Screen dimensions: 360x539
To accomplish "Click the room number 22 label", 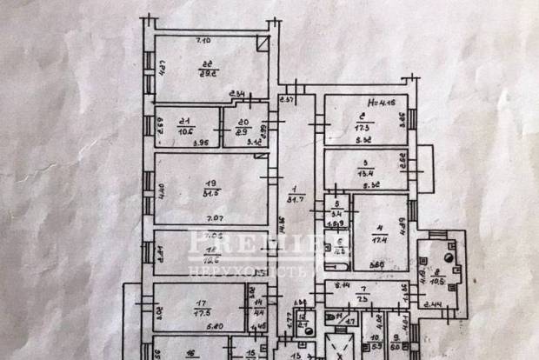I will [208, 63].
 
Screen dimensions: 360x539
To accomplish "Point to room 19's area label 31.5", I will [209, 193].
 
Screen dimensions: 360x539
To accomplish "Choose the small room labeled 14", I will [258, 302].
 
